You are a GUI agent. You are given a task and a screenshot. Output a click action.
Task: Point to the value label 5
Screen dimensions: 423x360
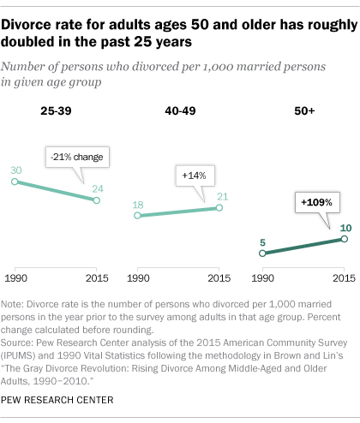click(263, 241)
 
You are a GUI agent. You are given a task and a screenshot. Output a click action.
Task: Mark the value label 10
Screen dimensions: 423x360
click(344, 229)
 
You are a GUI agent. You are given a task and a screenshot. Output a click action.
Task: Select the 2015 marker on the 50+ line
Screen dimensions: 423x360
click(344, 240)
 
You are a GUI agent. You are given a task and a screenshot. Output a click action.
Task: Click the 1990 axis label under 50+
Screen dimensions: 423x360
click(263, 279)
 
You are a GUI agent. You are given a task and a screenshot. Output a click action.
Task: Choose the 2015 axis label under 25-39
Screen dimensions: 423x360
click(96, 279)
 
